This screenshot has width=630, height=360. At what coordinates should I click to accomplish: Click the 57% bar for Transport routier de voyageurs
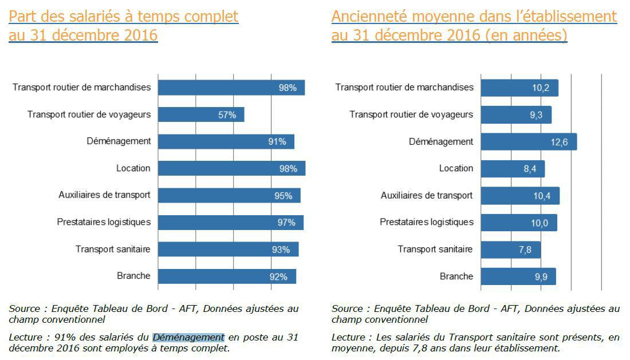pyautogui.click(x=200, y=114)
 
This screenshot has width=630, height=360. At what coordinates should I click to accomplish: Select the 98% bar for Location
pyautogui.click(x=231, y=168)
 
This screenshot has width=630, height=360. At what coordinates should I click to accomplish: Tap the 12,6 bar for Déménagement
pyautogui.click(x=528, y=142)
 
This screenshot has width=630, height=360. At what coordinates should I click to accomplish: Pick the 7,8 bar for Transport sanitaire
pyautogui.click(x=510, y=250)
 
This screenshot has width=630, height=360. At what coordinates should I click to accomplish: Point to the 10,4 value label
pyautogui.click(x=541, y=196)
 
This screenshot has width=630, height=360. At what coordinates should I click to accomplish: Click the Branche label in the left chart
pyautogui.click(x=133, y=276)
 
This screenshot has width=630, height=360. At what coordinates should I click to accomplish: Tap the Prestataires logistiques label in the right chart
pyautogui.click(x=427, y=222)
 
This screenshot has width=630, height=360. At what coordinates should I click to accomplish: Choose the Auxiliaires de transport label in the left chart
pyautogui.click(x=104, y=195)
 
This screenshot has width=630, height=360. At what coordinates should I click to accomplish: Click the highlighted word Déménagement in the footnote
pyautogui.click(x=188, y=337)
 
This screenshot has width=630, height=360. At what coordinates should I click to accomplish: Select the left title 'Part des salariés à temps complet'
pyautogui.click(x=124, y=17)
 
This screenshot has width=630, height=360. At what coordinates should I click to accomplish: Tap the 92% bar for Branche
pyautogui.click(x=227, y=276)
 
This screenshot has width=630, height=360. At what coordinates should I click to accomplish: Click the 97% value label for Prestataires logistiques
pyautogui.click(x=286, y=223)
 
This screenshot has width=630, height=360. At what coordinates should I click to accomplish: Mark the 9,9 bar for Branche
pyautogui.click(x=518, y=276)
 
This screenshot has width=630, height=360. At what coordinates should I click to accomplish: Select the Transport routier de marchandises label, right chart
pyautogui.click(x=404, y=88)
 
